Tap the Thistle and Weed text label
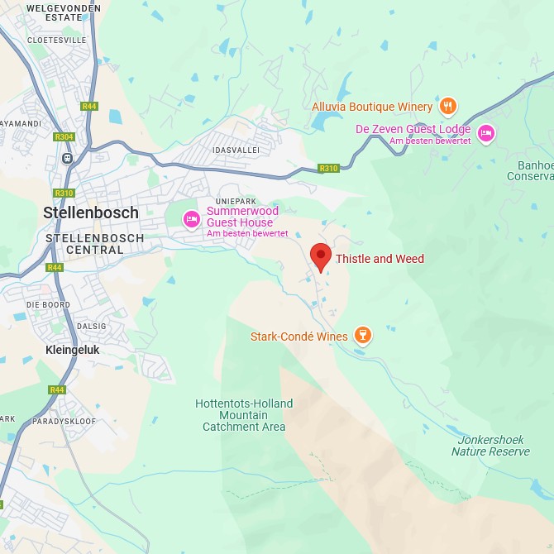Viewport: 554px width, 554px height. point(380,259)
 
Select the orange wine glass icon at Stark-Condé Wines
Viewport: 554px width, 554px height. point(361,335)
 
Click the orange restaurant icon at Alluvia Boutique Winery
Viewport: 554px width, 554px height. point(447,105)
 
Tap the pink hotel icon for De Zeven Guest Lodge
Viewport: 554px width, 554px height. point(485,132)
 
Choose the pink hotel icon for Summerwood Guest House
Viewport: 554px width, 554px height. point(192,219)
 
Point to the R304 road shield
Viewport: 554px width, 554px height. point(64,137)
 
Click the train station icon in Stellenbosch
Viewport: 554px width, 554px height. point(67,158)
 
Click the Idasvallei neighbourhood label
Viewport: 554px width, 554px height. point(236,150)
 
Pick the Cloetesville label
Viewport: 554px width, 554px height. point(56,39)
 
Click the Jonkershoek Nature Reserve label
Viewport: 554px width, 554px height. point(490,446)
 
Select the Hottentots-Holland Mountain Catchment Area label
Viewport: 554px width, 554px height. point(244,415)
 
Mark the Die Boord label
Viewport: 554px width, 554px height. point(48,304)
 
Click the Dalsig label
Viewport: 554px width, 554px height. point(91,327)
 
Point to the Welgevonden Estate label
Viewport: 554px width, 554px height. point(64,12)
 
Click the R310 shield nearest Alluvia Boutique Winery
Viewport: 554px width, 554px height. point(329,169)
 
